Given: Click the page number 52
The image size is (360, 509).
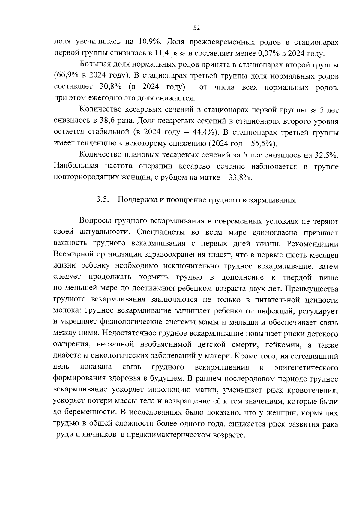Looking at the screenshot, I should click(x=196, y=28).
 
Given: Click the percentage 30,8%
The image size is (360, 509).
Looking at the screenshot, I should click(x=110, y=87).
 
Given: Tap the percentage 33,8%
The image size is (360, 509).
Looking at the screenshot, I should click(x=240, y=178).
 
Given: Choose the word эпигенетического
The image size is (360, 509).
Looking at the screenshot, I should click(x=306, y=367).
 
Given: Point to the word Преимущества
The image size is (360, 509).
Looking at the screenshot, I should click(x=312, y=289).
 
